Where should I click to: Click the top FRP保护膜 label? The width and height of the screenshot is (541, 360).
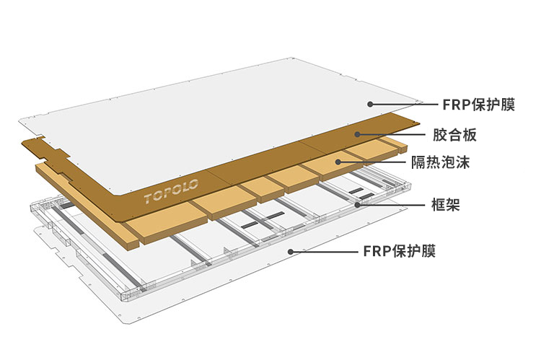[x=478, y=105]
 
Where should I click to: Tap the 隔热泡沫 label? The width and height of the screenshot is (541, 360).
[x=461, y=163]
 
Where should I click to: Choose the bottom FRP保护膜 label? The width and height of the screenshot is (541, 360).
[x=399, y=252]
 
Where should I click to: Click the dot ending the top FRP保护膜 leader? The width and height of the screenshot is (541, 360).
[x=371, y=105]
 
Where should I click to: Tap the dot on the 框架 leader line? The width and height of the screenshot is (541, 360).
[x=359, y=205]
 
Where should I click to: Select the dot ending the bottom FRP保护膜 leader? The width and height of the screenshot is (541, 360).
[x=291, y=252]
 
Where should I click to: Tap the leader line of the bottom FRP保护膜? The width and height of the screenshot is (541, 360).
[x=325, y=252]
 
